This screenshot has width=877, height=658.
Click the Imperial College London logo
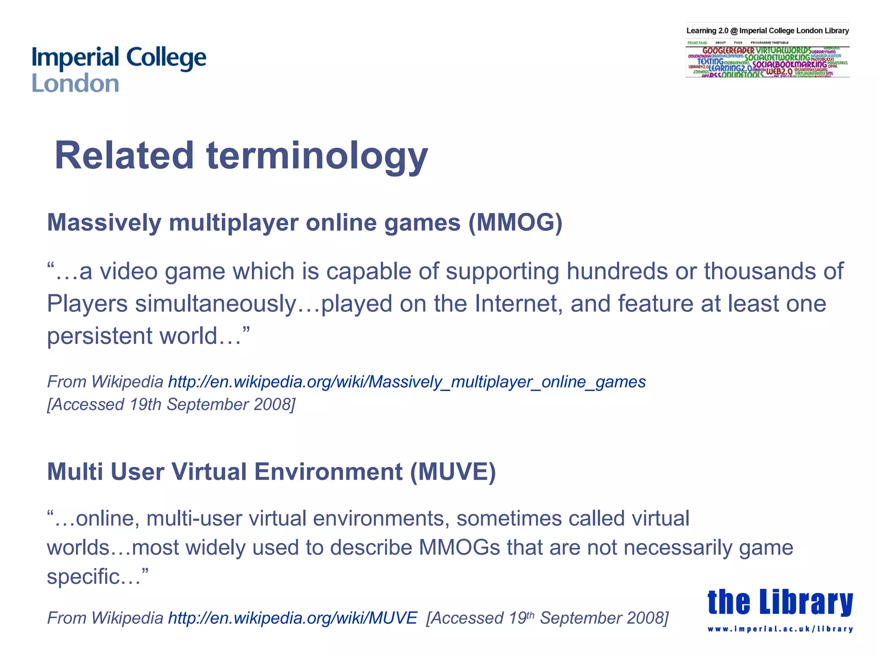coord(119,69)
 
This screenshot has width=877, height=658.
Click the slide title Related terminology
coord(241,155)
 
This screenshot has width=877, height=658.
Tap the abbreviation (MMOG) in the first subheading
coord(515,223)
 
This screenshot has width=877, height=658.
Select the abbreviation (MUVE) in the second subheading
coord(453,472)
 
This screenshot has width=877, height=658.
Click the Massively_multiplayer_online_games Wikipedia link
coord(407,382)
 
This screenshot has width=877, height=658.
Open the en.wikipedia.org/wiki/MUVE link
coord(292,618)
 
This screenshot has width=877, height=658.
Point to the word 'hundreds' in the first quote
coord(617,271)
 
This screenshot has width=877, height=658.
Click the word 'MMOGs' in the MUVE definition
coord(459,547)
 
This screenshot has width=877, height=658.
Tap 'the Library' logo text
coord(780,602)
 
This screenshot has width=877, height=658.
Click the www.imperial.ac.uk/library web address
coord(780,629)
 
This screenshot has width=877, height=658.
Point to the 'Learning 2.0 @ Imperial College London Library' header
coord(767,31)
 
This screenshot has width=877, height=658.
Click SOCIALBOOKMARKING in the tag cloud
coord(790,65)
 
